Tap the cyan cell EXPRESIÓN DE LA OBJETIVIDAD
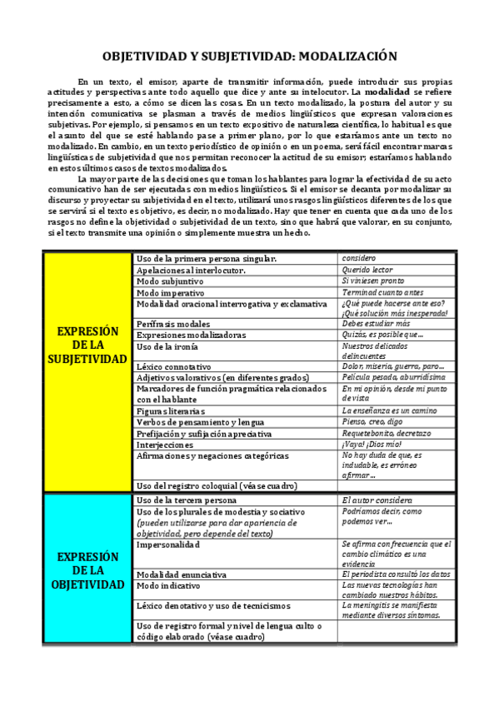pyautogui.click(x=87, y=570)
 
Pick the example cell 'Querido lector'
pyautogui.click(x=368, y=271)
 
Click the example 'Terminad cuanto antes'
pyautogui.click(x=382, y=293)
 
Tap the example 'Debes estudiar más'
pyautogui.click(x=376, y=324)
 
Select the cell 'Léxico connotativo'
pyautogui.click(x=173, y=366)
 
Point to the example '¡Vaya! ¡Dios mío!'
pyautogui.click(x=373, y=445)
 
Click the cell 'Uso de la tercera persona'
pyautogui.click(x=191, y=500)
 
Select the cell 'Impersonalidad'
pyautogui.click(x=169, y=544)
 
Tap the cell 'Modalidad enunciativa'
pyautogui.click(x=182, y=574)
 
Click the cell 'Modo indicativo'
pyautogui.click(x=172, y=585)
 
